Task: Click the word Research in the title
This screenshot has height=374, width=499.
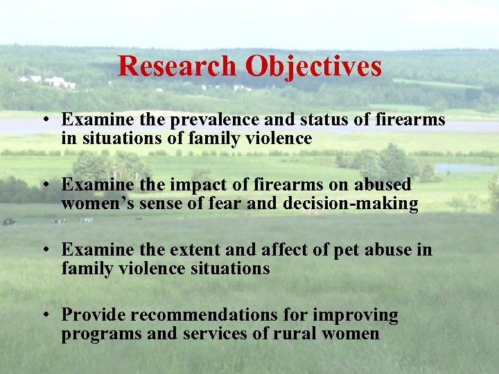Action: pyautogui.click(x=177, y=66)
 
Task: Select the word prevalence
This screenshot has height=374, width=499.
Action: pyautogui.click(x=193, y=121)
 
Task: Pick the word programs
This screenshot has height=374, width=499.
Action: pyautogui.click(x=96, y=334)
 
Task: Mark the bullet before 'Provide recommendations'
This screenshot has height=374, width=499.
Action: pyautogui.click(x=44, y=316)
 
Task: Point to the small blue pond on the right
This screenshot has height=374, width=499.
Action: pyautogui.click(x=464, y=168)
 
